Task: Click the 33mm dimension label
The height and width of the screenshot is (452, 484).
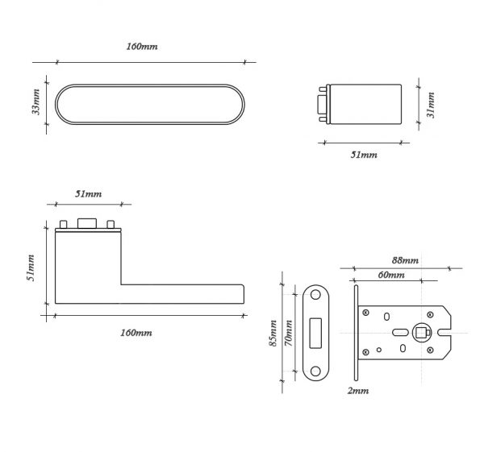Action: point(36,102)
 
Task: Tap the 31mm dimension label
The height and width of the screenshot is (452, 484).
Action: point(431,105)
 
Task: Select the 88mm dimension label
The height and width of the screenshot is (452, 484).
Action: point(405,260)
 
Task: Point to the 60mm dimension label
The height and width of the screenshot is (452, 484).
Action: point(391,275)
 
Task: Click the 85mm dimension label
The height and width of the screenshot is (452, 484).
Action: point(273,334)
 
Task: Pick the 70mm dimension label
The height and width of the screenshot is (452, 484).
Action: point(288,334)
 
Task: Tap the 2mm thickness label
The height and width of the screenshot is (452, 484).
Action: point(358,391)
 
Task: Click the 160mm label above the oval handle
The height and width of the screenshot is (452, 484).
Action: point(142,47)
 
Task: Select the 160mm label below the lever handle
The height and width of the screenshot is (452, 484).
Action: point(136,333)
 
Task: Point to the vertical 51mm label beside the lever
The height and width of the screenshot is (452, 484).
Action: point(31,268)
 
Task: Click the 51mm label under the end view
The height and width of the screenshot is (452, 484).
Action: point(364,155)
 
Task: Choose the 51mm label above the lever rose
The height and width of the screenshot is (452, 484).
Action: point(88,194)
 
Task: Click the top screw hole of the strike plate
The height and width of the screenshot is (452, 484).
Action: point(315,295)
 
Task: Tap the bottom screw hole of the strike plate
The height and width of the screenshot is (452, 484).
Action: point(315,371)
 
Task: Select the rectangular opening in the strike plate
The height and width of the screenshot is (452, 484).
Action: point(315,334)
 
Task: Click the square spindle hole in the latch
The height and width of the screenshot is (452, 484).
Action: point(420,333)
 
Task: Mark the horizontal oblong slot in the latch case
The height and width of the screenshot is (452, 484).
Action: point(400,333)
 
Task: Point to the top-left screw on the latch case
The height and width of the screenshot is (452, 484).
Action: point(365,313)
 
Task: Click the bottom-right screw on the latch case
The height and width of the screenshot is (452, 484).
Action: point(430,350)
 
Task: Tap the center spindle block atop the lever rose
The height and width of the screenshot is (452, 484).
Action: point(87,223)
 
